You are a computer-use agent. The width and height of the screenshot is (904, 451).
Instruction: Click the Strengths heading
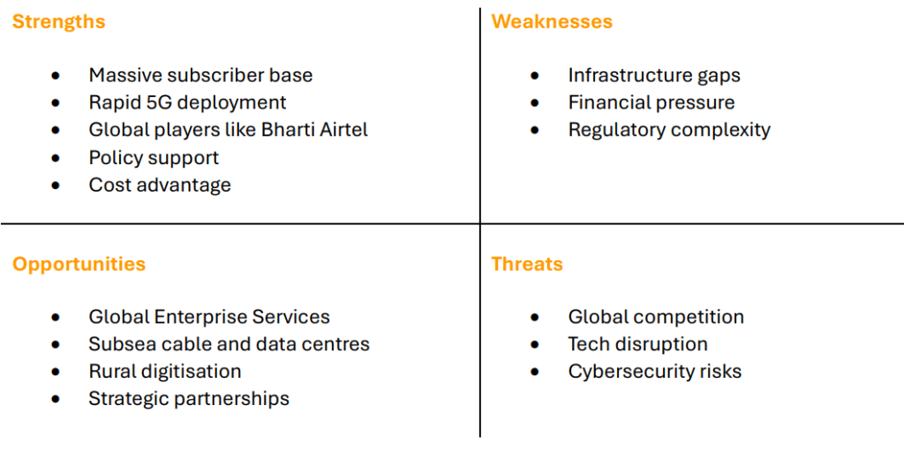59,22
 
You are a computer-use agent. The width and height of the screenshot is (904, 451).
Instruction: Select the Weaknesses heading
552,21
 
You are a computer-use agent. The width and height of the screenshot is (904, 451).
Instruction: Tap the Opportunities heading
79,265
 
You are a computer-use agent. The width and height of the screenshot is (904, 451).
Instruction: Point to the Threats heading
527,264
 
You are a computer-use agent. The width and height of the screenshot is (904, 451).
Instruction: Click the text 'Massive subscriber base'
200,75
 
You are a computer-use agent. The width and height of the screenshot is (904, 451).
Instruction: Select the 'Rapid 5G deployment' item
187,102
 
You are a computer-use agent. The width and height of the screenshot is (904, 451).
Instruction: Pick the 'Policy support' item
154,157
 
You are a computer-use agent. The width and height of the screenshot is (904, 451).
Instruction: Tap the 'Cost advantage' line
160,185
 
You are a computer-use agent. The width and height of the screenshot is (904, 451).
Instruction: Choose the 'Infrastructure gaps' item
654,76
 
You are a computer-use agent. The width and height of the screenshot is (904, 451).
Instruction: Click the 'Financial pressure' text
652,102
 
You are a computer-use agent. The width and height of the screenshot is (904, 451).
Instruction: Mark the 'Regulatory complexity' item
669,131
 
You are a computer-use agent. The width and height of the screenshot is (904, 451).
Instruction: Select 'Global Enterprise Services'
209,317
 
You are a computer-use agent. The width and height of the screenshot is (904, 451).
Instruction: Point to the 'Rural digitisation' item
165,372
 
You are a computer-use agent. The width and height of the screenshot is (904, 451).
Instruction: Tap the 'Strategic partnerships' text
189,399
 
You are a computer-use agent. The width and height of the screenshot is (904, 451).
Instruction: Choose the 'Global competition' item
656,317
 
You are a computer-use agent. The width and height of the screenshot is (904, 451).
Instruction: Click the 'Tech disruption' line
638,344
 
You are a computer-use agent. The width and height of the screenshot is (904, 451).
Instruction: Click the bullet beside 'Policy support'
56,158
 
